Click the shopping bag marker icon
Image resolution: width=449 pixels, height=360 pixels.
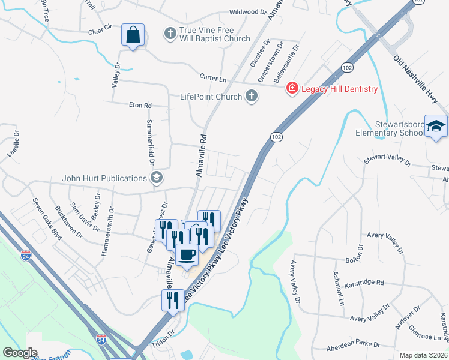[133, 35]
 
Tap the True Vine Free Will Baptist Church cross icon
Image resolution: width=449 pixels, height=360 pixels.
[170, 34]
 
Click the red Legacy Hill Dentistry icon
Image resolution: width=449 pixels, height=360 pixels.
[292, 89]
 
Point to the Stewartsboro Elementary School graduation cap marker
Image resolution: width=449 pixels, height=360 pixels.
[436, 127]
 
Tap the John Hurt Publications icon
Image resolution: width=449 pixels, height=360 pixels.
[157, 178]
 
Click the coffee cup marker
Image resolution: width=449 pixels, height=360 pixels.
[187, 255]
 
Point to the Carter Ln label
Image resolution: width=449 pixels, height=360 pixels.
[212, 78]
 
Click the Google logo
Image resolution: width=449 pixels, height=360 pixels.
[20, 353]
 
